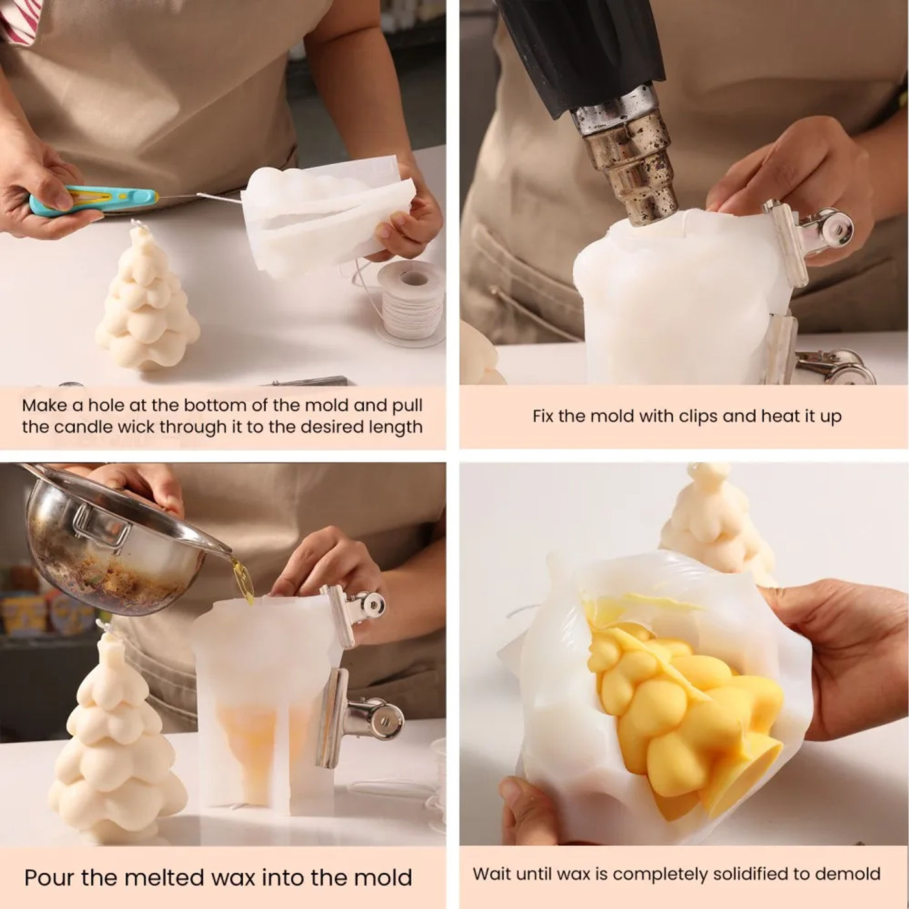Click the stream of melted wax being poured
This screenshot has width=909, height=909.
[x=242, y=580]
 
